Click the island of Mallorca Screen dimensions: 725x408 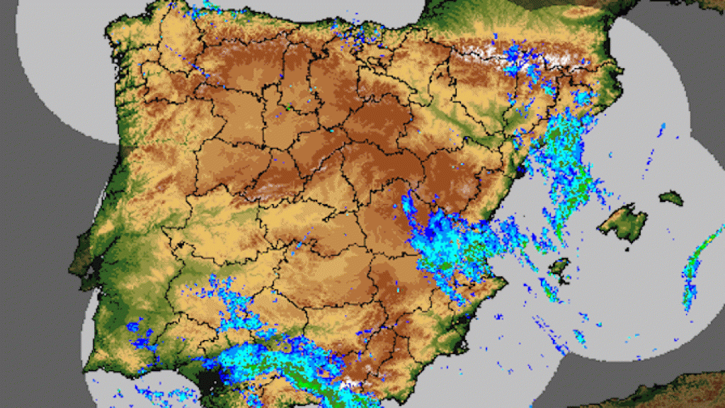point(623,221)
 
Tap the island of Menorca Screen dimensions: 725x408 point(671,198)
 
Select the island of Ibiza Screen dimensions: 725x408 point(560,266)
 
